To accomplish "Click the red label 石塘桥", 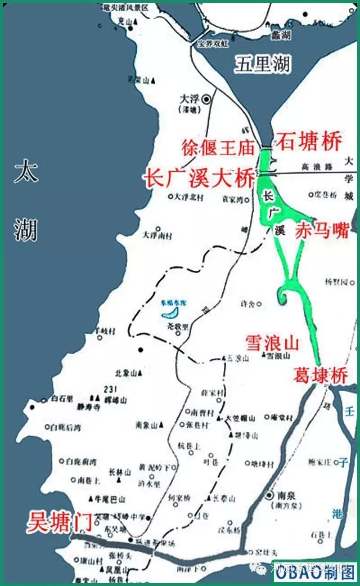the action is click(x=308, y=142).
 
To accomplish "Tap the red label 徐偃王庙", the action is click(x=218, y=148).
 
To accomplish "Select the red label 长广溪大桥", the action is click(x=199, y=179).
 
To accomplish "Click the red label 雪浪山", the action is click(x=271, y=342).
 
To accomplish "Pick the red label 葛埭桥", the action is click(x=321, y=375).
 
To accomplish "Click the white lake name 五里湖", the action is click(x=262, y=65).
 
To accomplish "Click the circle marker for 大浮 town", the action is click(x=207, y=99).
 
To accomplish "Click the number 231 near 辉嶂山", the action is click(x=110, y=390).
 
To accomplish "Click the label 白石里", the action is click(x=62, y=399).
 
